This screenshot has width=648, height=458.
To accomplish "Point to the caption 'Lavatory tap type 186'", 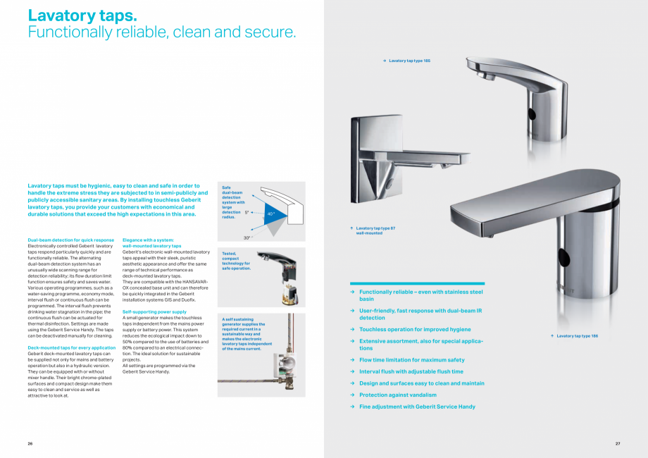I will tap(577, 336).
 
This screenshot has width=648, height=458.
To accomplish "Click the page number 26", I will tap(30, 443).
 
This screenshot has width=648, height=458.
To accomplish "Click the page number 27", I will tap(617, 443).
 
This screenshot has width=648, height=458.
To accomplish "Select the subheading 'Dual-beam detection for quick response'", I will tap(70, 240).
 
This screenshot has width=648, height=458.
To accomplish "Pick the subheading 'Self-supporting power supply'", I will tap(154, 311).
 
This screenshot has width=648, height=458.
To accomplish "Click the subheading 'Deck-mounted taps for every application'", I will tap(71, 348).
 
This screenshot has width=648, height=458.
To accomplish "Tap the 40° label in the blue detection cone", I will tap(270, 213).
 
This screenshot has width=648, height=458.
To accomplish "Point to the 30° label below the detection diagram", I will tap(247, 238).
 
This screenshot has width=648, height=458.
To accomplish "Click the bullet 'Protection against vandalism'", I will tap(397, 395).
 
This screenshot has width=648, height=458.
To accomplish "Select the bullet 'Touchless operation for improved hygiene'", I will tap(415, 329).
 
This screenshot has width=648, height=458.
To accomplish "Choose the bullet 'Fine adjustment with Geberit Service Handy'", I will tap(417, 407).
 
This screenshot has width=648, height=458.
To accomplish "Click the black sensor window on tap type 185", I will tap(531, 114).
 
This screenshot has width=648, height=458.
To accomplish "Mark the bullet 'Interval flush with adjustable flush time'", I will tap(411, 371).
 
